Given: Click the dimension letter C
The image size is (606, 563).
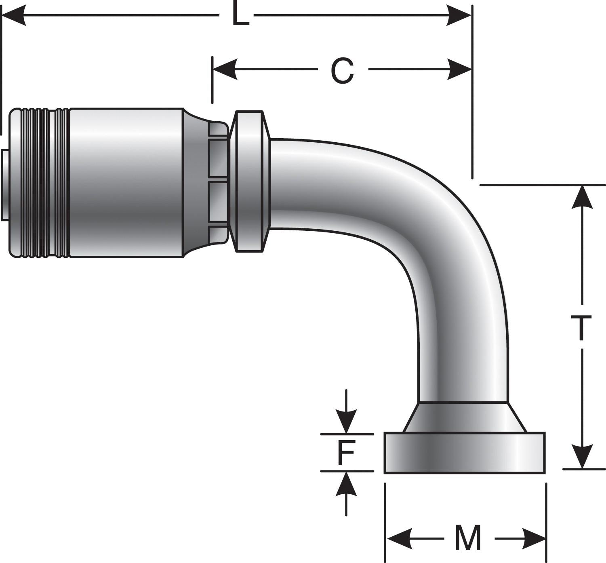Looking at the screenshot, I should (x=342, y=70).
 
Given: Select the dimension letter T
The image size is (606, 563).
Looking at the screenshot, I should (x=581, y=328).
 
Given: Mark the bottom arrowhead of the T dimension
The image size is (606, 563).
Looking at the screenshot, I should (x=582, y=457).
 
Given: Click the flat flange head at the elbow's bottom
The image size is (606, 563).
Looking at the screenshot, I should (x=465, y=453).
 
